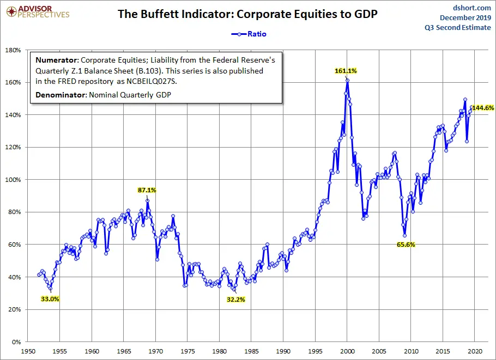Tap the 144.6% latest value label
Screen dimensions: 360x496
click(x=483, y=108)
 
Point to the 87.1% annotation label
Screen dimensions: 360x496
click(x=147, y=190)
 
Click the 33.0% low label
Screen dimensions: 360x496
click(x=50, y=298)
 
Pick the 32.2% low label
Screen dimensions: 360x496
click(x=235, y=299)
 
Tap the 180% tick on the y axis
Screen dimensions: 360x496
click(x=12, y=50)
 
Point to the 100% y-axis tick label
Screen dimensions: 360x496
click(x=12, y=180)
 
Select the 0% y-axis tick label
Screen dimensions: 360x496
click(x=15, y=342)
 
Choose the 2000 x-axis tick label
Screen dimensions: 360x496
click(x=347, y=352)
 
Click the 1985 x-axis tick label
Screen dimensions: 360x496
click(x=251, y=352)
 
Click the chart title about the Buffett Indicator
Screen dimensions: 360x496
click(x=248, y=15)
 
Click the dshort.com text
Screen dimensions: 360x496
click(x=472, y=8)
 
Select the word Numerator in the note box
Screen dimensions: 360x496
click(x=56, y=60)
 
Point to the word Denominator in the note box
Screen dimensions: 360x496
click(x=59, y=95)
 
